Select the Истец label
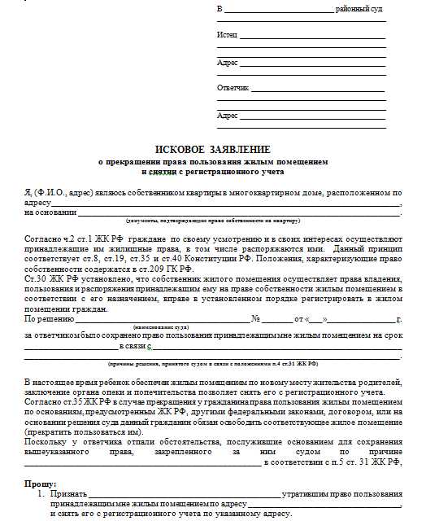tap(227, 36)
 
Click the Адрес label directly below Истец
tap(227, 62)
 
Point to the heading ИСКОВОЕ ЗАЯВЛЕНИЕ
tap(213, 150)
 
